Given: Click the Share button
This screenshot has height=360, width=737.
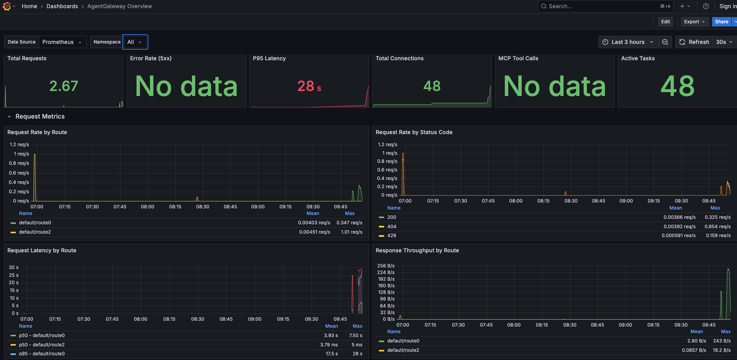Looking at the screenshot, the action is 721,22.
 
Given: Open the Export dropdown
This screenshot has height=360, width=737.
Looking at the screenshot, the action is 695,22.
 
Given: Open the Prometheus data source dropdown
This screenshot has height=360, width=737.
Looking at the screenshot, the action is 62,42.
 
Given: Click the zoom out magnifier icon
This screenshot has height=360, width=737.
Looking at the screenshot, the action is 665,42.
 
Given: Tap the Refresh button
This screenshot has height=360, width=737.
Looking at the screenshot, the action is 694,42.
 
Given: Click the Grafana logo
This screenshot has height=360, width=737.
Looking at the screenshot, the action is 7,6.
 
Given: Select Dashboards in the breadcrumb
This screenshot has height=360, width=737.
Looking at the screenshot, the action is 62,6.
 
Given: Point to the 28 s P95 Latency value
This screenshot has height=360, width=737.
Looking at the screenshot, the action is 309,86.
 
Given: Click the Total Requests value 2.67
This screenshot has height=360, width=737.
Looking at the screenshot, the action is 64,86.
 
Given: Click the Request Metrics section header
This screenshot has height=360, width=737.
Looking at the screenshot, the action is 40,117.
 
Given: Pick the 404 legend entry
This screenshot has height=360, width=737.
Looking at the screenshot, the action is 392,227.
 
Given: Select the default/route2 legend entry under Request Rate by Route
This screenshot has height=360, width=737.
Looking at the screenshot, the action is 35,232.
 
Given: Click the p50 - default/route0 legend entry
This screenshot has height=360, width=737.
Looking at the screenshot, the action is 42,336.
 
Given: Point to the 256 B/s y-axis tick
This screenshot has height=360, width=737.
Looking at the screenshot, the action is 386,266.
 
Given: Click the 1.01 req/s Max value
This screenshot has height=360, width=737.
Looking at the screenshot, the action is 352,232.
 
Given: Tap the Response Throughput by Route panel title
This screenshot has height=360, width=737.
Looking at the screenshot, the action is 417,250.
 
